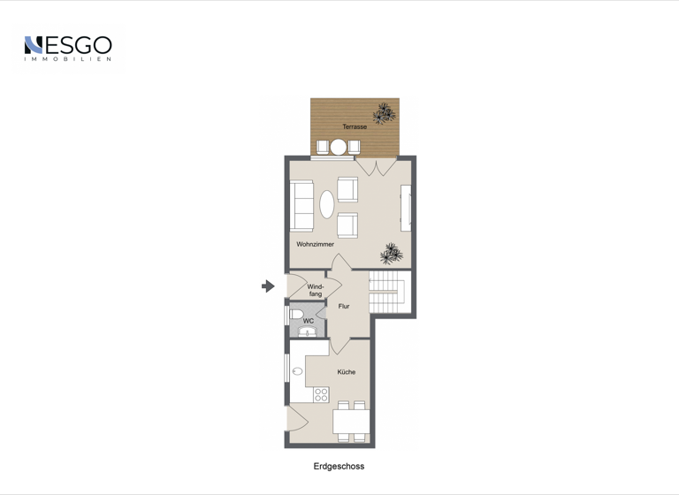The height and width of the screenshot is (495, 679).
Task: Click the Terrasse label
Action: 355,127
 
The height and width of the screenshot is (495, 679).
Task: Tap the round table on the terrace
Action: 338,147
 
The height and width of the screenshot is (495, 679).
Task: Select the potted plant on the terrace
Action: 384,113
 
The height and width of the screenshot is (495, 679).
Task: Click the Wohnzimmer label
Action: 316,244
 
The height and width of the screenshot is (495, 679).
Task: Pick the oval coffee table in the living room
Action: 327,205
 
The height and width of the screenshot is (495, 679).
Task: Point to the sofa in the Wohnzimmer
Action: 301,205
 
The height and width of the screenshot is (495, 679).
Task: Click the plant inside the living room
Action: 392,255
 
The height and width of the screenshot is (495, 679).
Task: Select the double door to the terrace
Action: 374,166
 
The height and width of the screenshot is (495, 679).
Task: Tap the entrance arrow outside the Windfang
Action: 268,286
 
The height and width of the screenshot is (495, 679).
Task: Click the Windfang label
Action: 316,290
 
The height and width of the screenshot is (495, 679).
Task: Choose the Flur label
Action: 344,307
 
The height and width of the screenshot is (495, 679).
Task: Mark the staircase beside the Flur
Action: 386,293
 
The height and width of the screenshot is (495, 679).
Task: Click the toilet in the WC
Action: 297,314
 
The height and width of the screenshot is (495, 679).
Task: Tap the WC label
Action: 309,321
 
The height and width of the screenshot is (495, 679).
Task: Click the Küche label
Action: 347,372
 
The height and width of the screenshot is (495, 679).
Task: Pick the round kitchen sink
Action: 298,371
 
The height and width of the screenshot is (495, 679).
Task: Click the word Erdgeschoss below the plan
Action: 339,466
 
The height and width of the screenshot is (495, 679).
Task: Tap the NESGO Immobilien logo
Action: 68,48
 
